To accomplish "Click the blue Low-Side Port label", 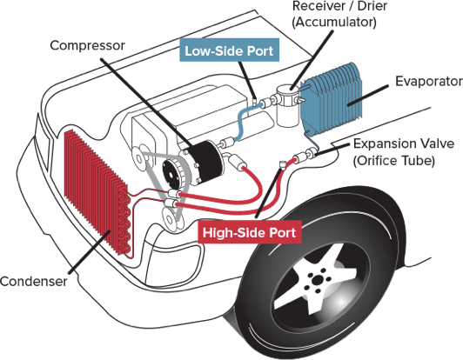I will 230,51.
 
